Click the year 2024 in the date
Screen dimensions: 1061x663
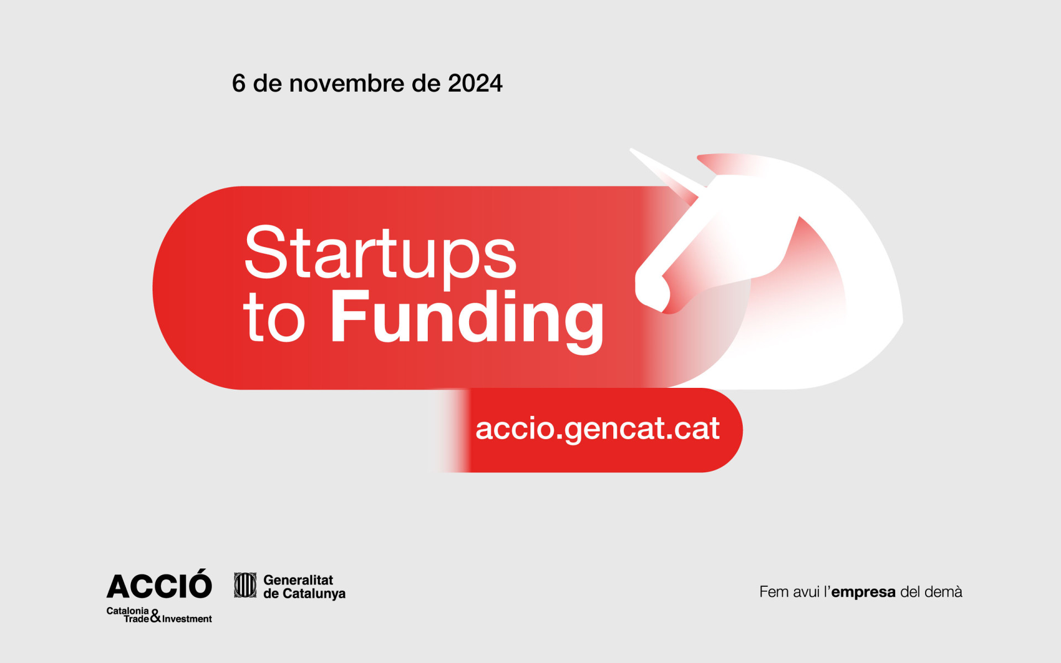click(475, 83)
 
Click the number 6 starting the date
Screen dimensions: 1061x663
click(239, 83)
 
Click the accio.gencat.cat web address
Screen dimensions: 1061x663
click(597, 429)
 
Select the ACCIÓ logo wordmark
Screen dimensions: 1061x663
click(159, 586)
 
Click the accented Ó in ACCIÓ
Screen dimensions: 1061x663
click(198, 585)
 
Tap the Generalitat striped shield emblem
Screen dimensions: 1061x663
click(245, 585)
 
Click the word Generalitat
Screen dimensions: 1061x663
click(298, 580)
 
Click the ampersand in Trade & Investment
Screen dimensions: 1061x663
click(155, 616)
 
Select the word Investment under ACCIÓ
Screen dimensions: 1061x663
click(187, 619)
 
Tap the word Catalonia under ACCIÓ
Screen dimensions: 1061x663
click(128, 611)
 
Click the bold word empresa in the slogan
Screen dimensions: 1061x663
click(863, 592)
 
